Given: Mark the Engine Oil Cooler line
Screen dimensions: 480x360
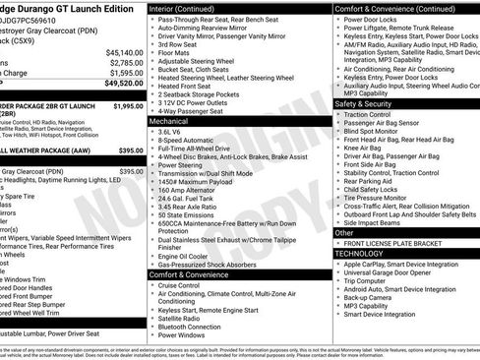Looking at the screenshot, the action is pos(185,255).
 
